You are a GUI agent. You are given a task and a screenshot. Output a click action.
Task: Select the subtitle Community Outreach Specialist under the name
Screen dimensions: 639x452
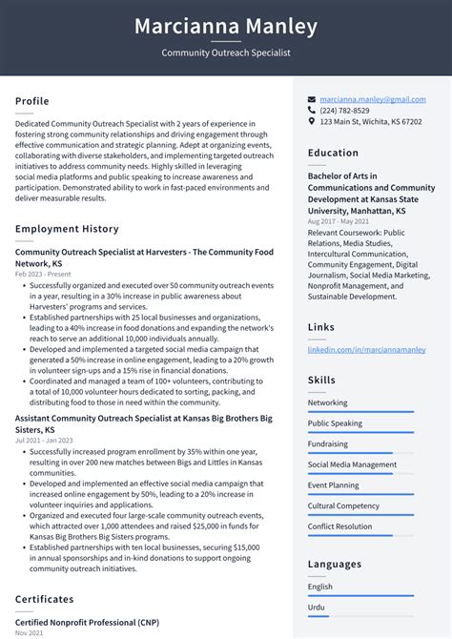(x=226, y=53)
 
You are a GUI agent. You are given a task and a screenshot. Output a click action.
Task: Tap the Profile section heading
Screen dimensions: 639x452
(x=32, y=101)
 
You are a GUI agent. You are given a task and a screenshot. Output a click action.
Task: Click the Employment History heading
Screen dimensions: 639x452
(x=67, y=229)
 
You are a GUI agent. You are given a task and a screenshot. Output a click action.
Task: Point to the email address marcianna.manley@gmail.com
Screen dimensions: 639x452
(x=372, y=99)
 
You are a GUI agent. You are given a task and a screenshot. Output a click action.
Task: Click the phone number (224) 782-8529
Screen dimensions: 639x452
(x=344, y=111)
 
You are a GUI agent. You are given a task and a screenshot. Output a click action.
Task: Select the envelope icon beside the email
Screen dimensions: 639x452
(x=312, y=99)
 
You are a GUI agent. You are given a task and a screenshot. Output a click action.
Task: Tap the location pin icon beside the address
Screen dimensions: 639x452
(x=312, y=122)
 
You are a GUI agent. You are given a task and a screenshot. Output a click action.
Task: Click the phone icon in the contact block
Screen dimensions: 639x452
(x=312, y=111)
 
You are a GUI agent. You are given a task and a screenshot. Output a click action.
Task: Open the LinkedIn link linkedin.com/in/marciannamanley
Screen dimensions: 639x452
(x=366, y=350)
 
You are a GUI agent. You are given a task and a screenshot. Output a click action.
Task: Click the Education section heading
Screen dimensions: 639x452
(x=333, y=153)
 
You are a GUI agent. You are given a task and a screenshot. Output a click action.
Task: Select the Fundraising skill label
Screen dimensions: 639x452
(x=327, y=443)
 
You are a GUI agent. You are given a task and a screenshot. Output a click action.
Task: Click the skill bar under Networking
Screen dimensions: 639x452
(x=360, y=412)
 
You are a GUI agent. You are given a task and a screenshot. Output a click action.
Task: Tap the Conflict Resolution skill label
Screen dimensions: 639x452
(x=339, y=526)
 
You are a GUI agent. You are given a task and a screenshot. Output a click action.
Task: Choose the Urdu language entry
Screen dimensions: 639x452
(x=317, y=607)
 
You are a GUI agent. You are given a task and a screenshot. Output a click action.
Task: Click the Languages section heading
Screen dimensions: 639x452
(x=334, y=565)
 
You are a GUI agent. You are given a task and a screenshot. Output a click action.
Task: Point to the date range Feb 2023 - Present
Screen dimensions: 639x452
(x=43, y=274)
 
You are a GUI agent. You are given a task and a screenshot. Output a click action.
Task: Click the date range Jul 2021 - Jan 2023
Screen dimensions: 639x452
(x=45, y=440)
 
